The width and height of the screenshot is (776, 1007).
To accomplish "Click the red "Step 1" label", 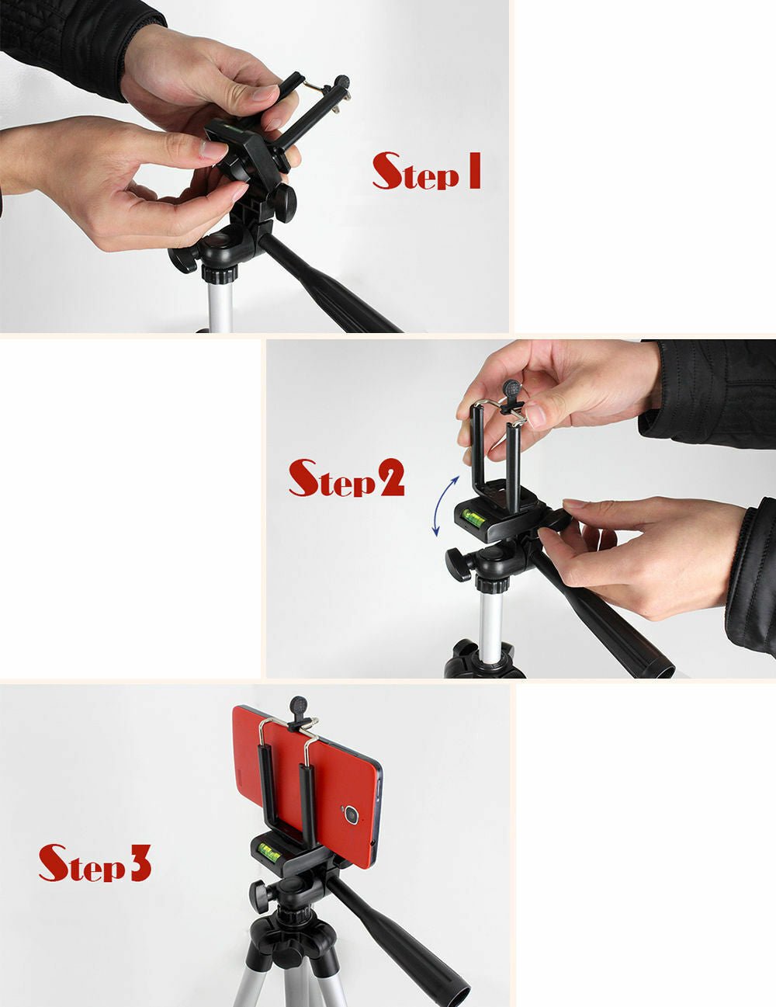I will tap(427, 172).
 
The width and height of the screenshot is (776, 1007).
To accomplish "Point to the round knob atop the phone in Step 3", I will tap(300, 707).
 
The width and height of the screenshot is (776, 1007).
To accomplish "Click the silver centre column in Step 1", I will tap(220, 304).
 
